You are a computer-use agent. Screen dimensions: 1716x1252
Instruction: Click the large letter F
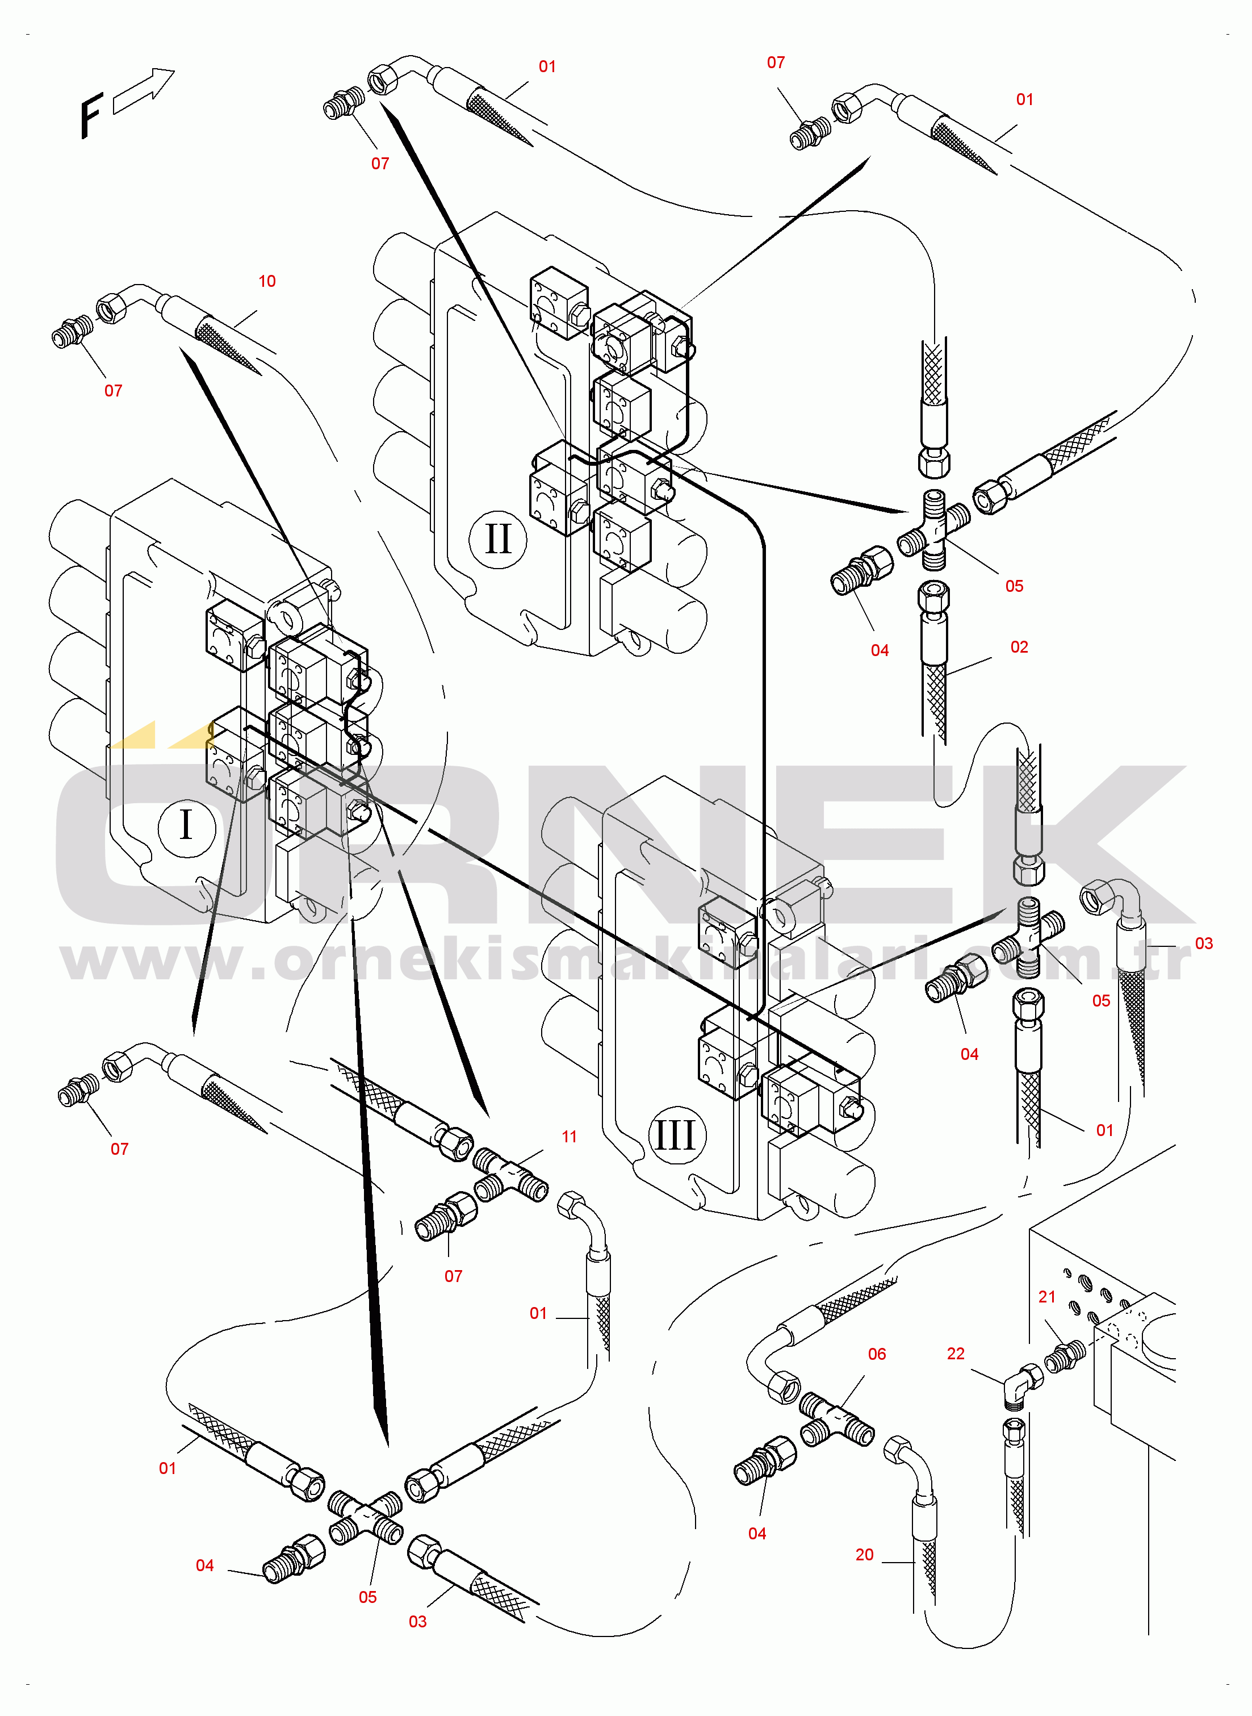coord(91,115)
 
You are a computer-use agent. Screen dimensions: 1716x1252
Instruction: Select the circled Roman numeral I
coord(186,825)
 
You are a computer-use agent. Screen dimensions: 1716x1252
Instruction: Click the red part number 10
coord(267,281)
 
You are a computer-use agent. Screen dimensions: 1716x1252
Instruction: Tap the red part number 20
coord(865,1555)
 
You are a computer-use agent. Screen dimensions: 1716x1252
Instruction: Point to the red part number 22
coord(956,1354)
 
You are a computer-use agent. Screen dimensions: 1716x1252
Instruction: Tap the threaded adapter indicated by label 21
coord(1064,1357)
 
